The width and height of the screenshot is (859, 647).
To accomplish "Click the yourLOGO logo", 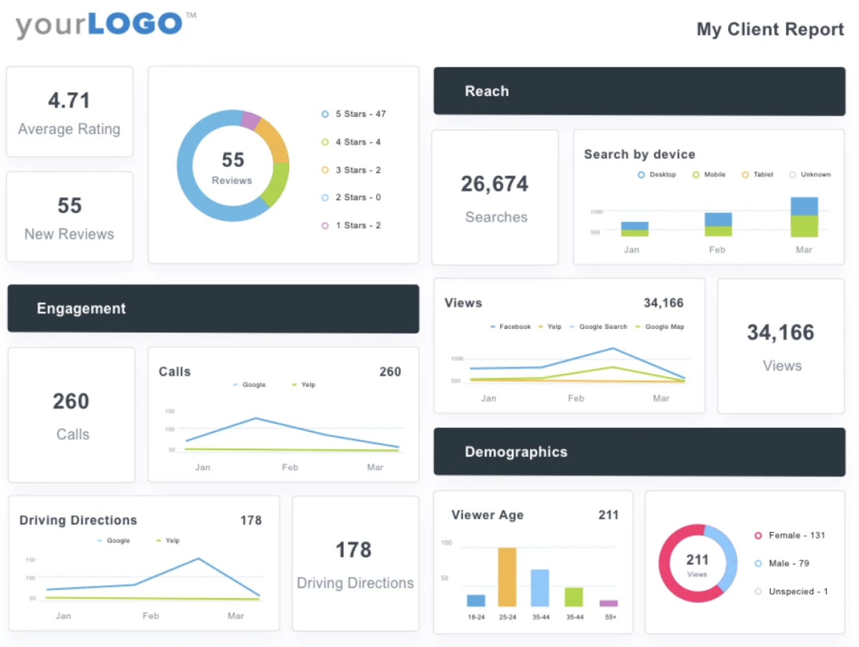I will pyautogui.click(x=100, y=24).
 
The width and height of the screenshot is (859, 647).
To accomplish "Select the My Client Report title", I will pyautogui.click(x=769, y=29).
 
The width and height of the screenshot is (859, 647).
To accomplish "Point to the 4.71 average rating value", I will pyautogui.click(x=69, y=100).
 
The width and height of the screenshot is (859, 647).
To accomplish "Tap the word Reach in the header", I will pyautogui.click(x=487, y=91).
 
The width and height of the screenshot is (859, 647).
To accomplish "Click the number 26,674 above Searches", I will pyautogui.click(x=494, y=184).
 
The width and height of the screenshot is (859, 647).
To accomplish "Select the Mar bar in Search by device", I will pyautogui.click(x=804, y=217).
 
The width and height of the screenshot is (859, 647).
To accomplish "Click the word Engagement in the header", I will pyautogui.click(x=81, y=309).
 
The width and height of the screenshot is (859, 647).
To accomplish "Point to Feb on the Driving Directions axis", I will pyautogui.click(x=150, y=616).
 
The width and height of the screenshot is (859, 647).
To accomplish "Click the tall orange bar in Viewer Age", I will pyautogui.click(x=507, y=576).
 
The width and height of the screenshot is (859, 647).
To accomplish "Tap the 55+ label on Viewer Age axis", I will pyautogui.click(x=610, y=617).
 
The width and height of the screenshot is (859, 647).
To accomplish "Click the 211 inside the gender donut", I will pyautogui.click(x=697, y=560).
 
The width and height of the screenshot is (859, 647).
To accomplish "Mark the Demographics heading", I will pyautogui.click(x=516, y=452).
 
